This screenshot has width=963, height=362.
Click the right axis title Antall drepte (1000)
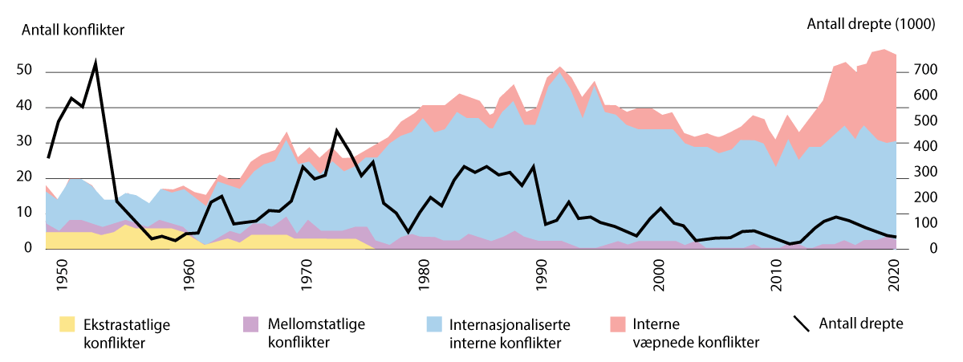pos(870,24)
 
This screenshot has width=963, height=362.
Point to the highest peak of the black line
pos(96,61)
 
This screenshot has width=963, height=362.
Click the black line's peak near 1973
pos(337,130)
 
